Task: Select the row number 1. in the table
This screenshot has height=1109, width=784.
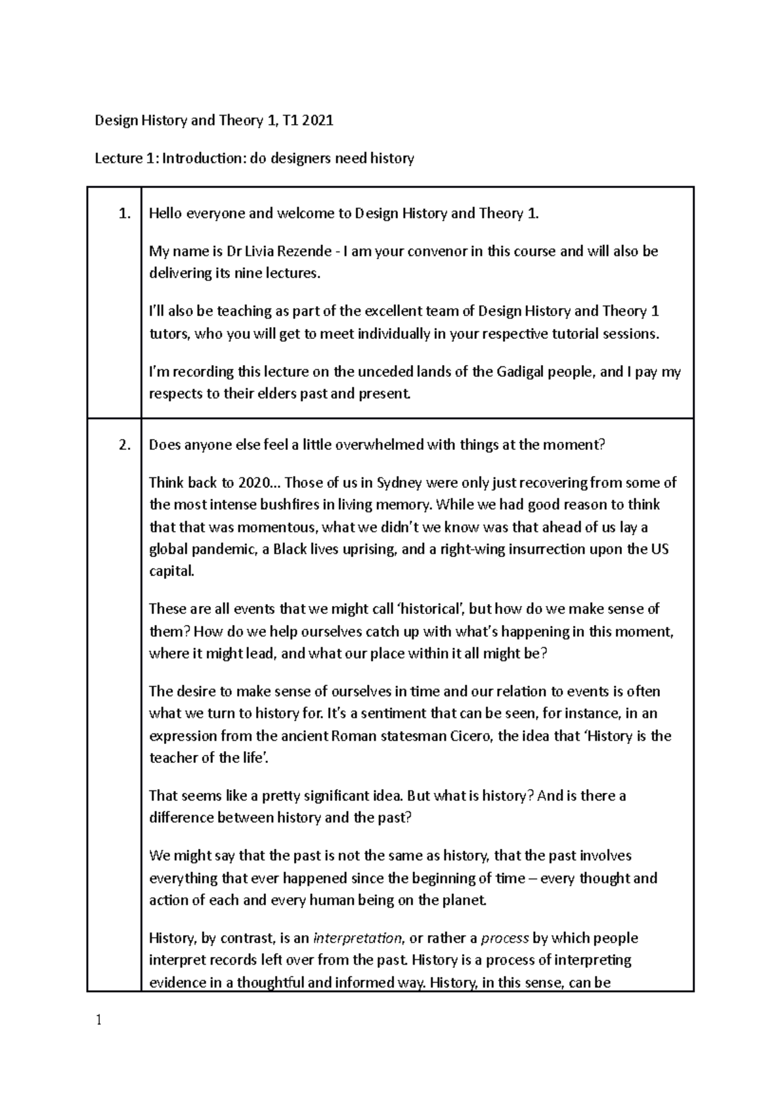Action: pyautogui.click(x=125, y=214)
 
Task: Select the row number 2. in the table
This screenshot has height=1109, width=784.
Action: pyautogui.click(x=125, y=445)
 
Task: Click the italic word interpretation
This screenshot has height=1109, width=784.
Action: pyautogui.click(x=358, y=939)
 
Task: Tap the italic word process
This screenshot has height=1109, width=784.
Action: pyautogui.click(x=504, y=939)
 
